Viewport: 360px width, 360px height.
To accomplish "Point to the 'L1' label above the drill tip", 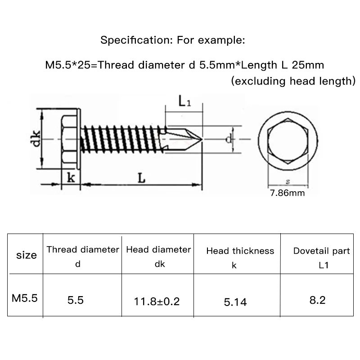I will tap(185, 102).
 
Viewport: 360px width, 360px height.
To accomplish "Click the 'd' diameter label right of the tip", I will tap(229, 140).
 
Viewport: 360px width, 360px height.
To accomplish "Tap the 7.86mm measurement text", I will tap(287, 193).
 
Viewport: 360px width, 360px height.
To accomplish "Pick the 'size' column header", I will tap(26, 255).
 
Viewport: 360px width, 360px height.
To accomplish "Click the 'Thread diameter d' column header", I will tap(83, 256).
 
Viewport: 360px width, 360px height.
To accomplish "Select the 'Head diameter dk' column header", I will tap(158, 256).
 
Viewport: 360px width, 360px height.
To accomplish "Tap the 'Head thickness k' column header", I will tap(240, 257).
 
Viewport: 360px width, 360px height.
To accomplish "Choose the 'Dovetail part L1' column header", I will tap(321, 257).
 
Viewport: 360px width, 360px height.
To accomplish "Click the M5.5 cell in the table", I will tap(25, 298).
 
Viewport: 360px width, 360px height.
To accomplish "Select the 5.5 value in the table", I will tap(75, 300).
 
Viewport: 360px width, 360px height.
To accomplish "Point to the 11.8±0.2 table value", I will tap(157, 301).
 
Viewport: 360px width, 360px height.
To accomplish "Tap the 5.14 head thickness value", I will tap(235, 301).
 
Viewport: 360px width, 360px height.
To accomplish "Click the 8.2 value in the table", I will tap(317, 300).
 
